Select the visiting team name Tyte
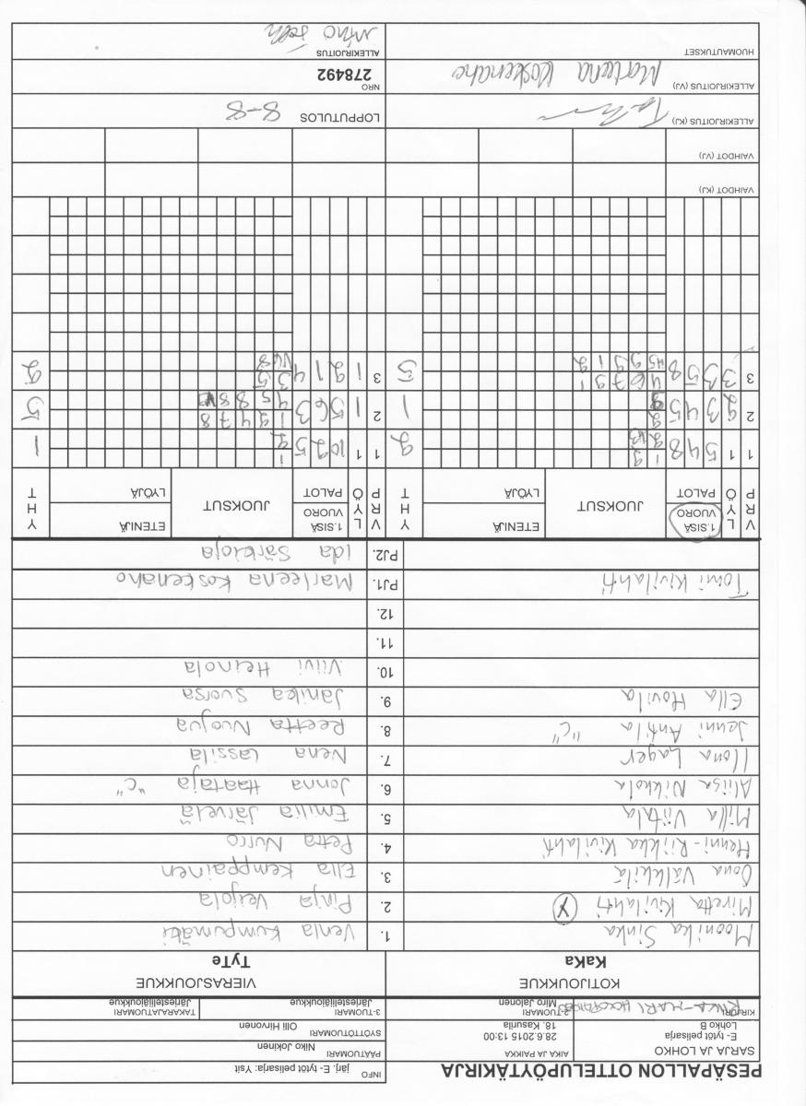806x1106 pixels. (x=199, y=959)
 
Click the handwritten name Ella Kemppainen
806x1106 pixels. (x=267, y=869)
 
